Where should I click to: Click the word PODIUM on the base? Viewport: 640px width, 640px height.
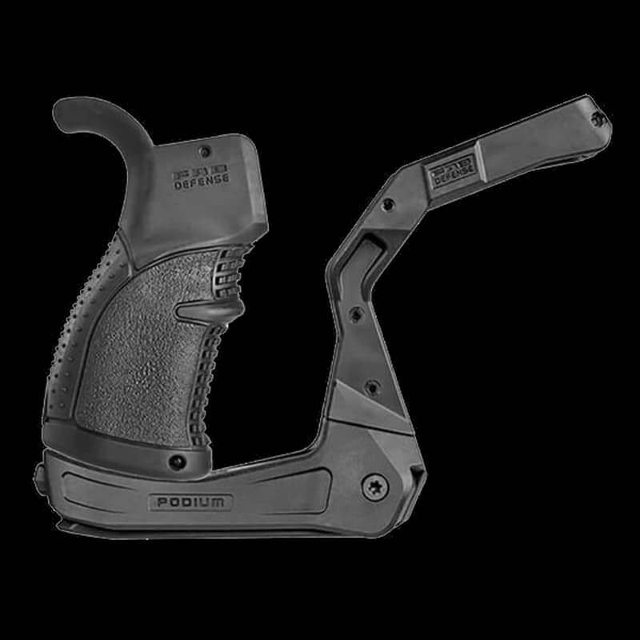[x=190, y=502]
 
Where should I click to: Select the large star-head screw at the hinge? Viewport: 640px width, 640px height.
[x=374, y=486]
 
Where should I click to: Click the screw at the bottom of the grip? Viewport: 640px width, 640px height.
[x=178, y=462]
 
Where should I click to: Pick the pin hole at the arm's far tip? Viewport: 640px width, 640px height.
[x=598, y=118]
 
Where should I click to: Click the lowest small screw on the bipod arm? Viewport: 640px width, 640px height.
[x=371, y=387]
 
